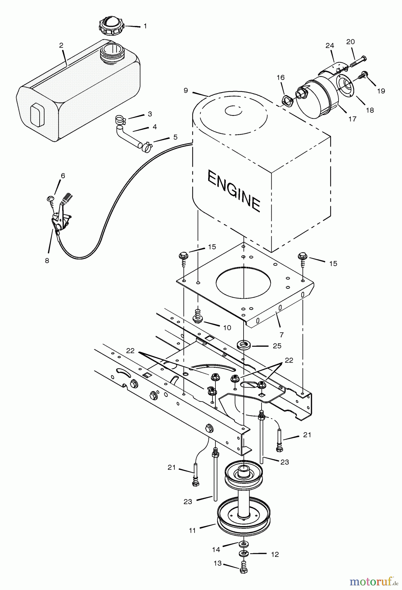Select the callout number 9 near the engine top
point(186,90)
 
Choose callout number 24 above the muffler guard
point(330,46)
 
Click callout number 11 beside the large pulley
point(192,530)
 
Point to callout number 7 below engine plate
point(282,335)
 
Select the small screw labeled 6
point(50,199)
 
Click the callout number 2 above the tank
point(61,46)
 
